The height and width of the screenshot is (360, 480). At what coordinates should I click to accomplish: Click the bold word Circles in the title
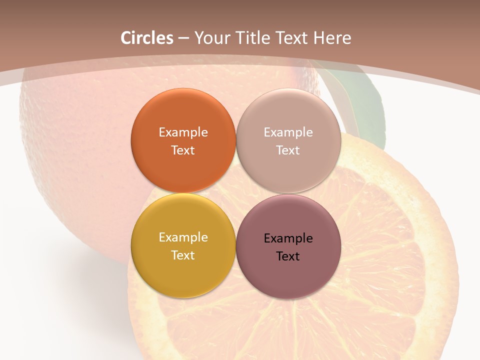(x=147, y=38)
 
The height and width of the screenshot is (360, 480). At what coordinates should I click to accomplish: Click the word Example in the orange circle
(x=183, y=132)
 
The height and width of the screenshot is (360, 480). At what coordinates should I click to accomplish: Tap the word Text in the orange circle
(x=183, y=150)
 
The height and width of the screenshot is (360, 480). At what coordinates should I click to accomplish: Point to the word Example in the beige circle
(x=288, y=132)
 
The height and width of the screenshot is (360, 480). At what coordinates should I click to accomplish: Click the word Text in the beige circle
(x=288, y=150)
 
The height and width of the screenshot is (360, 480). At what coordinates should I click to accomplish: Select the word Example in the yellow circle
(x=183, y=237)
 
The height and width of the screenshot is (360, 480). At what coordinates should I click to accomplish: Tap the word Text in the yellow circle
(x=183, y=255)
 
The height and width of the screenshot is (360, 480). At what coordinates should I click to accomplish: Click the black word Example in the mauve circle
(x=288, y=238)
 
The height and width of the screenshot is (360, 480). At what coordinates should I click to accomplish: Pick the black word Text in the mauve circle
(x=288, y=256)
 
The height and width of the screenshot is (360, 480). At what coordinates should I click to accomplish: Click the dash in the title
(x=183, y=38)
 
